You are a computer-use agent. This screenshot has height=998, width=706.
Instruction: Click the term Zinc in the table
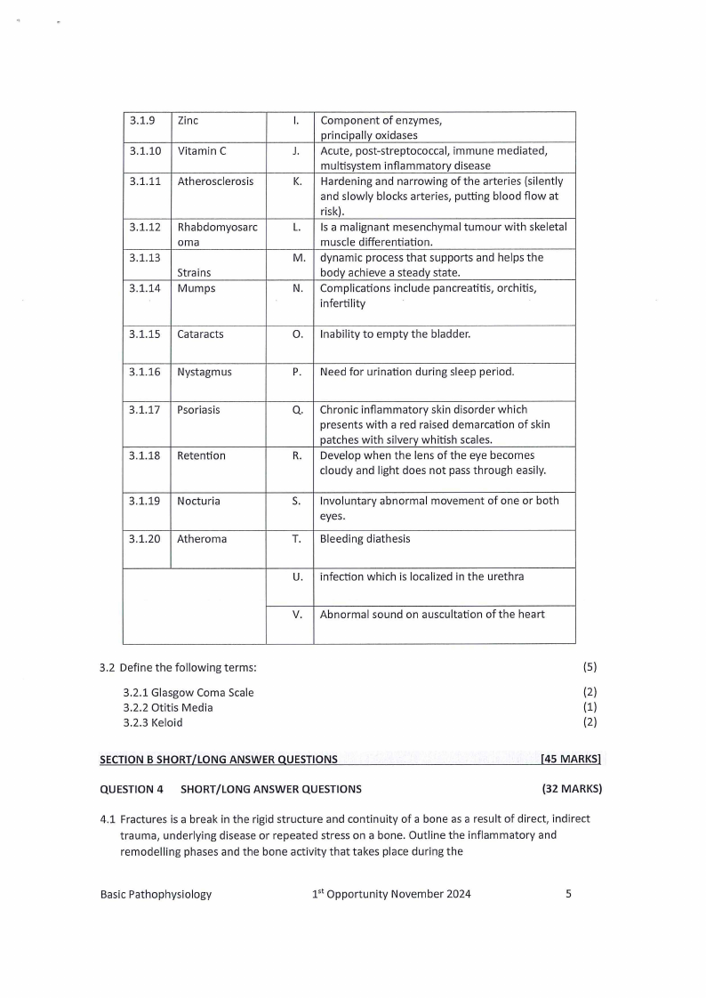point(188,120)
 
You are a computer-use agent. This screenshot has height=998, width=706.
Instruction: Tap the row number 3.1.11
point(144,181)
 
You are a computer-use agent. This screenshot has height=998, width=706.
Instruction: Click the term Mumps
point(196,288)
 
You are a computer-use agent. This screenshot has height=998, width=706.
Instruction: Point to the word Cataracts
point(200,334)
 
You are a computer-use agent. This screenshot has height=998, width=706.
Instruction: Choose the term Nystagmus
point(205,372)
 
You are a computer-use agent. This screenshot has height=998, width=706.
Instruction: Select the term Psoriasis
point(198,410)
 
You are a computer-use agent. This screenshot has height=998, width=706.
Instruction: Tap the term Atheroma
point(202,539)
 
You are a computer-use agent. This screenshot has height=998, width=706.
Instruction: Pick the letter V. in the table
point(298,614)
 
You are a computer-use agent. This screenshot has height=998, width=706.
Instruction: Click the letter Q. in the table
point(298,410)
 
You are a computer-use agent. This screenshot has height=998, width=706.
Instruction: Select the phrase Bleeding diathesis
point(365,539)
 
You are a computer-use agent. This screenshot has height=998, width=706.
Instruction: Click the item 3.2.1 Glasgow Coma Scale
point(189,692)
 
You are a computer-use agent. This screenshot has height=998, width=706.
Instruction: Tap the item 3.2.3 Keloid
point(153,722)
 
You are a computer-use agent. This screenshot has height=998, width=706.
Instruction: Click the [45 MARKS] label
point(571,759)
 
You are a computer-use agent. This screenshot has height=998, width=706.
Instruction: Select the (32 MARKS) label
point(572,788)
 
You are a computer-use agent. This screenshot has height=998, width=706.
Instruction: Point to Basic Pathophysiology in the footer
point(156,894)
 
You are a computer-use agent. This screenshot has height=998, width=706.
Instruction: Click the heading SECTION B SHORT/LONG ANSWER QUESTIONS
point(219,759)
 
